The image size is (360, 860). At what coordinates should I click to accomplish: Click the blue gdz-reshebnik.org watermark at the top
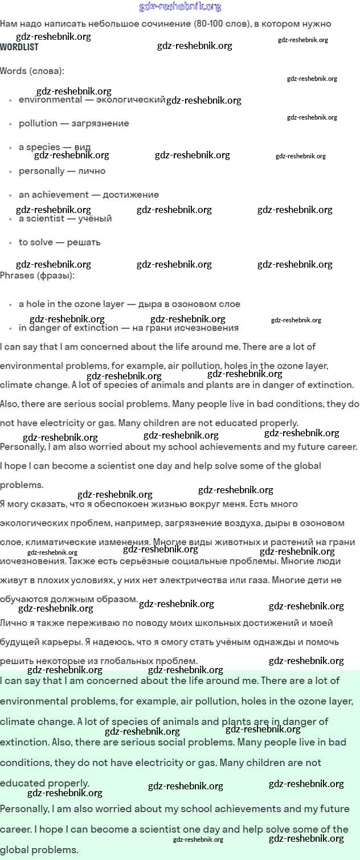pos(180,7)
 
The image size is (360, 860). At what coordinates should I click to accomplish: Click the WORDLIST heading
pos(19,47)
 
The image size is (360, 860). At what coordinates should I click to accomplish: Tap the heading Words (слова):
pos(32,71)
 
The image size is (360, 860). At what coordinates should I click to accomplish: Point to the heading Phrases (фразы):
pos(37,276)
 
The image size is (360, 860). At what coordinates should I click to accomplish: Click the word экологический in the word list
pos(130,100)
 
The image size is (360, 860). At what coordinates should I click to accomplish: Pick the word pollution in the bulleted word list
pos(38,124)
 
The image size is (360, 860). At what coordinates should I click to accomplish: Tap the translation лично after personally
pos(92,171)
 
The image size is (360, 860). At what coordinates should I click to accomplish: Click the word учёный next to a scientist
pos(95,219)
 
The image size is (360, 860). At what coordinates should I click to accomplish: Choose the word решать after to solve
pos(84,243)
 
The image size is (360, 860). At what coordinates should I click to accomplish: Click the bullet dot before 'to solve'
pos(11,243)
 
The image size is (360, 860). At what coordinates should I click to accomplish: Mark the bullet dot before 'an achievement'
pos(11,195)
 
